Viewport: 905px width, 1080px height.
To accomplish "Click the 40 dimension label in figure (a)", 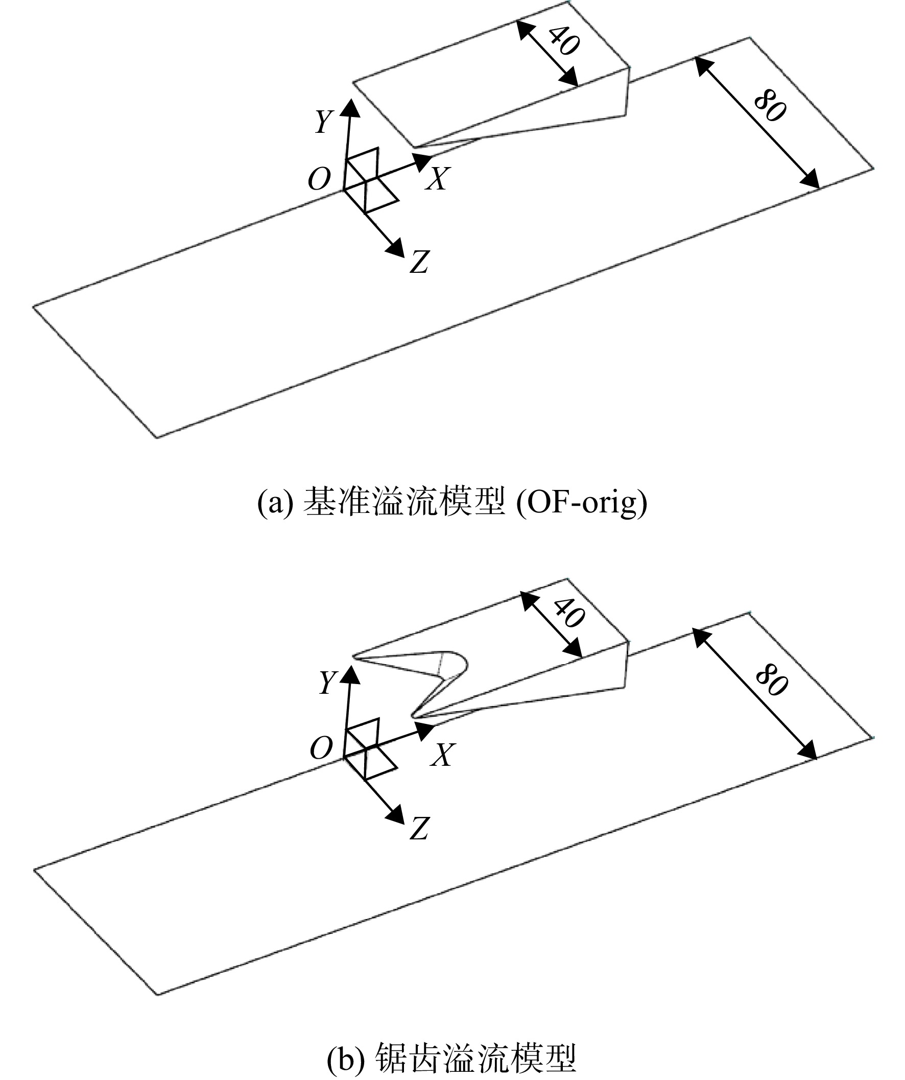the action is coord(564,40).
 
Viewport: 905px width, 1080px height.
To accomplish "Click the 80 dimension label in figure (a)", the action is coord(770,107).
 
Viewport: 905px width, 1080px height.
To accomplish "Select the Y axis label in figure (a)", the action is coord(324,122).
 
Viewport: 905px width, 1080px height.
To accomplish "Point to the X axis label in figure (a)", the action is coord(438,179).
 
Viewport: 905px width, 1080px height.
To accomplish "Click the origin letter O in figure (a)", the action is coord(319,179).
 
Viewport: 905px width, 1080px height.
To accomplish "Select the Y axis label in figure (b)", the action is coord(327,684).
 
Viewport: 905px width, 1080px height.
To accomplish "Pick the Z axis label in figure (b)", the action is coord(419,829).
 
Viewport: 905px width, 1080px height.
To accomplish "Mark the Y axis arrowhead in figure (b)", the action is coord(351,674).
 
